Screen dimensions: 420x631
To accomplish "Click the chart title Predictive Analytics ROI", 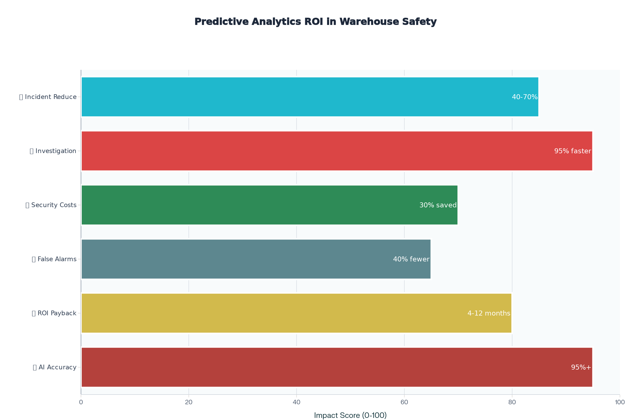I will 315,22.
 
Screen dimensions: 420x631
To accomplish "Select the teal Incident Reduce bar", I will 295,97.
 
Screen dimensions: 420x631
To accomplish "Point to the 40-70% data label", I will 525,97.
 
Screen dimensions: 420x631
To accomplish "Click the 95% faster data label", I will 573,151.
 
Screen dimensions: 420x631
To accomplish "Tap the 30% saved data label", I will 438,206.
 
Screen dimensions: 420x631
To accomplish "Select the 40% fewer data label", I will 411,260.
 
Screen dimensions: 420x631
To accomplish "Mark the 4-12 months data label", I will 489,314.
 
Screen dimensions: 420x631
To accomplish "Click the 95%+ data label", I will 581,367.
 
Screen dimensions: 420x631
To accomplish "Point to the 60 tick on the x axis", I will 404,402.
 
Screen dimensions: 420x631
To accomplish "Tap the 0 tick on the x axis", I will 81,402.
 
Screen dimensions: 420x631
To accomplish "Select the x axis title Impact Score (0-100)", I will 350,416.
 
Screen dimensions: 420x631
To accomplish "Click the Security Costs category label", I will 54,205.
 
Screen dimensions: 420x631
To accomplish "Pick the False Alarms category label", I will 57,259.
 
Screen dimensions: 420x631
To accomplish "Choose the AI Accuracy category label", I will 57,367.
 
